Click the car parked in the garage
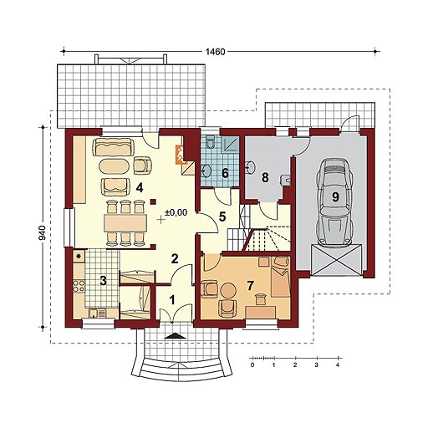click(335, 202)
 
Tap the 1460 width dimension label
click(215, 52)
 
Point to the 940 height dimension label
click(43, 233)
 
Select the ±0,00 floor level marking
click(176, 212)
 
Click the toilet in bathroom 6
click(210, 142)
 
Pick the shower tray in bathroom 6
click(231, 145)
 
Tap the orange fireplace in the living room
click(180, 154)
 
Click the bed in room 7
click(281, 277)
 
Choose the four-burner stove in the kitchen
click(79, 286)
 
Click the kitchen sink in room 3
click(97, 313)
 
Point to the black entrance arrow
click(175, 336)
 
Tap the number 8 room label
click(265, 177)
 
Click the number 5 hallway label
click(222, 217)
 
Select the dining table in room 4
click(125, 223)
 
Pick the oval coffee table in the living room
click(114, 167)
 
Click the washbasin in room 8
click(251, 167)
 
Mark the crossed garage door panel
click(337, 260)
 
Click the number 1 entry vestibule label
click(172, 300)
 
